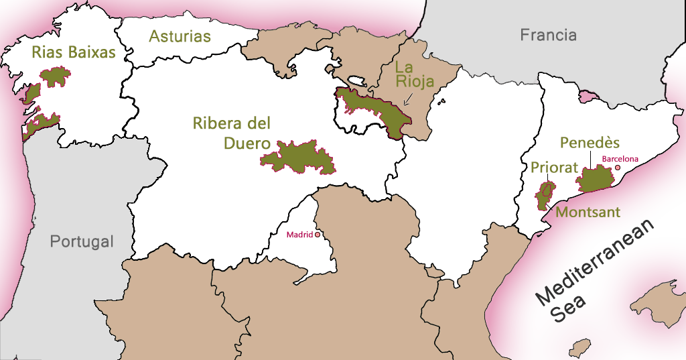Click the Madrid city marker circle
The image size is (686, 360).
(x=318, y=235)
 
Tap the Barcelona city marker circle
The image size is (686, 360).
(x=618, y=168)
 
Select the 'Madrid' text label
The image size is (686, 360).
(x=299, y=235)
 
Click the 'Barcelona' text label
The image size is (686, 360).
(x=620, y=159)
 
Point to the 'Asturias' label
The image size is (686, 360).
(x=180, y=36)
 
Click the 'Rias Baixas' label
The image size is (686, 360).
(x=74, y=52)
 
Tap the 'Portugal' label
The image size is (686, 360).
(x=82, y=241)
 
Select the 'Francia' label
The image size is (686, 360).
(x=548, y=35)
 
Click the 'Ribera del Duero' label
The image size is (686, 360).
(x=231, y=133)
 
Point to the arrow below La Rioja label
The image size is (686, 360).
(x=408, y=100)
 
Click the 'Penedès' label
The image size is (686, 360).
(x=590, y=143)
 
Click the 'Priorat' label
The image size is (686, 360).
(x=554, y=168)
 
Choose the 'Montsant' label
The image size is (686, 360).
(x=588, y=212)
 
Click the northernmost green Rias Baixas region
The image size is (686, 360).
(x=56, y=76)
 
